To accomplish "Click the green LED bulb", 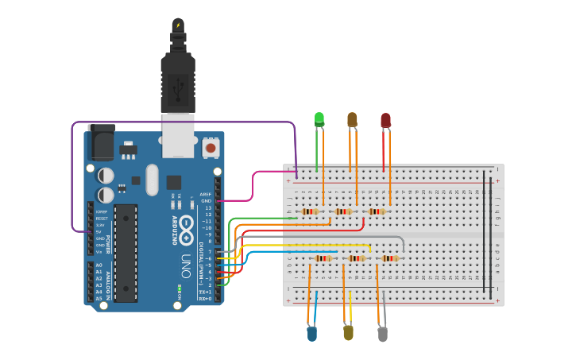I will [x=319, y=119].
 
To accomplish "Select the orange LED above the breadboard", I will [x=352, y=119].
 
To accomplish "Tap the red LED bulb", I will [x=385, y=120].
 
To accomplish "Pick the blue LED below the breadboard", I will [x=311, y=334].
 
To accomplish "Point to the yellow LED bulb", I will [x=348, y=333].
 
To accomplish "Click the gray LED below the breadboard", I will [x=383, y=334].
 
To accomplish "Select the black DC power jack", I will [x=100, y=143].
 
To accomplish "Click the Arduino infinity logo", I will [x=187, y=231].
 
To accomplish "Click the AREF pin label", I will [x=206, y=194].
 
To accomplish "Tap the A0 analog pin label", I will [x=99, y=265].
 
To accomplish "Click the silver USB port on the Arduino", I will [x=178, y=135].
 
